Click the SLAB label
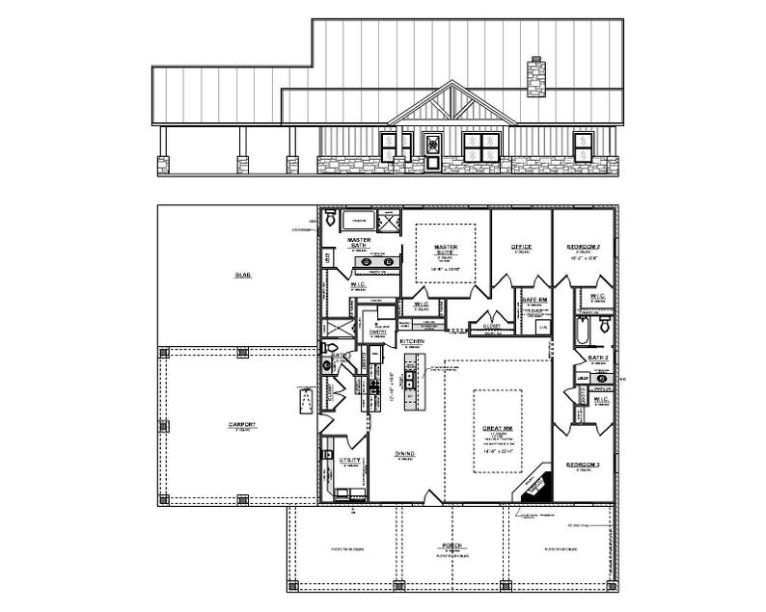click(x=242, y=275)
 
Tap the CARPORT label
click(x=241, y=423)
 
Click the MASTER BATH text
click(x=359, y=243)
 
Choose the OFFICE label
click(x=521, y=247)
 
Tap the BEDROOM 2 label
click(x=583, y=247)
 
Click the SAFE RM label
click(x=534, y=300)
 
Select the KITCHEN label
click(x=413, y=341)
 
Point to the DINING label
click(x=404, y=453)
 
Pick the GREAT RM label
click(x=497, y=427)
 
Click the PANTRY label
click(x=378, y=332)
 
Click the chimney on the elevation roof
click(x=535, y=78)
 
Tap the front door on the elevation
click(x=433, y=152)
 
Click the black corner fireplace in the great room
click(x=534, y=485)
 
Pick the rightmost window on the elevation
click(x=584, y=146)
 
